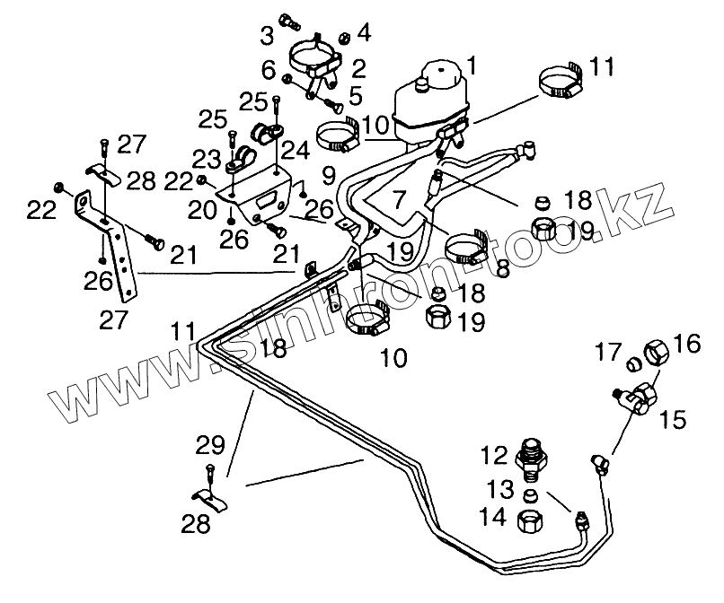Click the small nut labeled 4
click(x=345, y=38)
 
